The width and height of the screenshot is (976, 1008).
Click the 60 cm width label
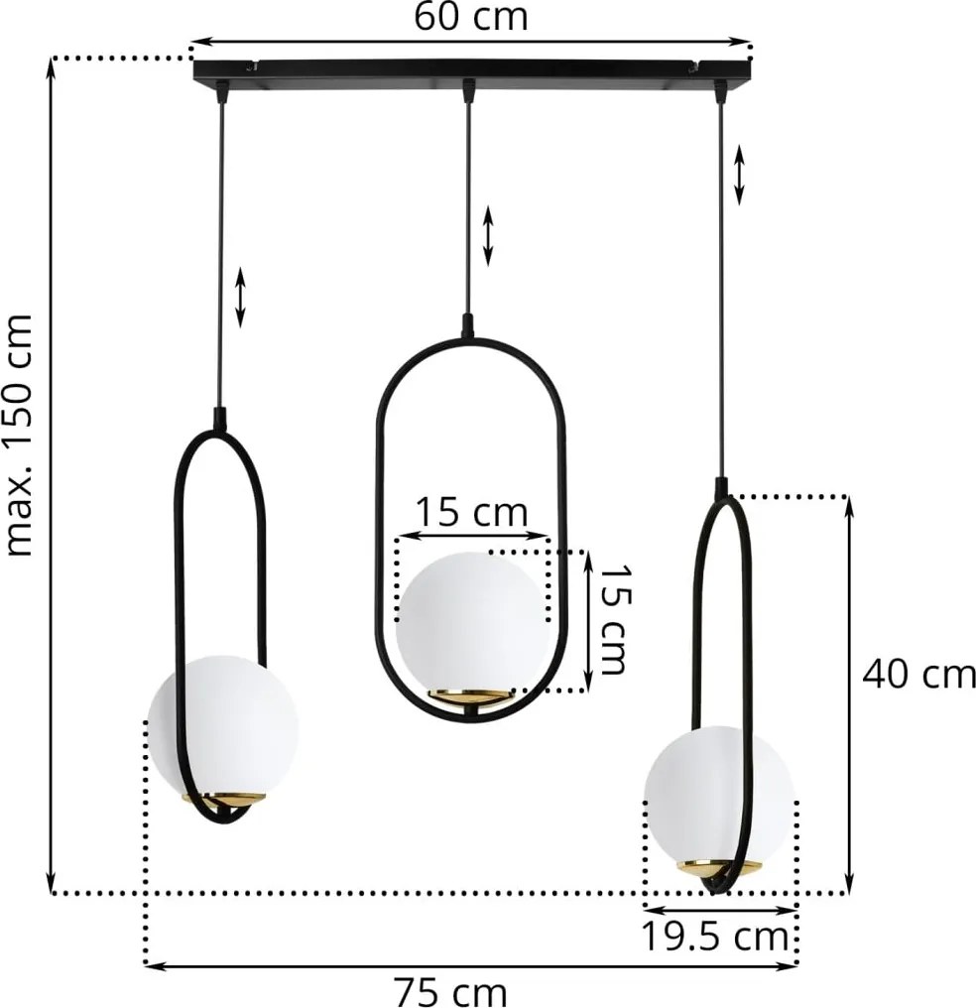[471, 16]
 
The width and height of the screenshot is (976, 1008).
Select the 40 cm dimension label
[918, 675]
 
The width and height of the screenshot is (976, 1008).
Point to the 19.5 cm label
[715, 938]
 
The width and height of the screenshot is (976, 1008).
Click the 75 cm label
[450, 992]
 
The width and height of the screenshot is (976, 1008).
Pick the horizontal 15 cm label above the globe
[471, 512]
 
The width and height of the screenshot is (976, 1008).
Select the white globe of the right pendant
[719, 797]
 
